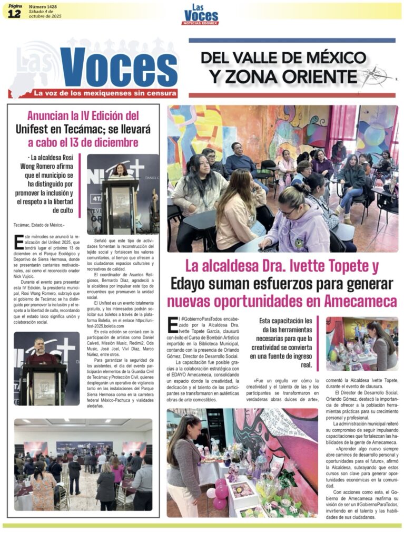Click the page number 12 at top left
[x=14, y=14]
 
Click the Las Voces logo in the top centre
[x=200, y=15]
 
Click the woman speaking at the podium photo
[x=121, y=172]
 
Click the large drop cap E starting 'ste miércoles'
[x=19, y=241]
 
